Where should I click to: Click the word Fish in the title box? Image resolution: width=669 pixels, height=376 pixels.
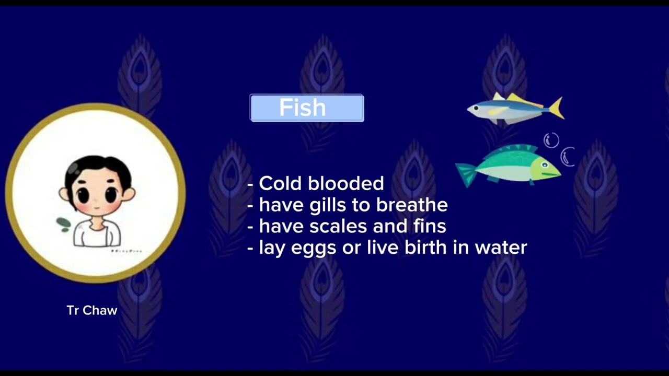pos(303,108)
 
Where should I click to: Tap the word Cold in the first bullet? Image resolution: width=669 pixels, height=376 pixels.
pos(281,183)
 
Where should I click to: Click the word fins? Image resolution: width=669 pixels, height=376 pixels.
pos(429,226)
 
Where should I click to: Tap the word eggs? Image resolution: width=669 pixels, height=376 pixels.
pos(313,248)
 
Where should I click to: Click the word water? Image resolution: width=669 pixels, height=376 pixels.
pos(501,247)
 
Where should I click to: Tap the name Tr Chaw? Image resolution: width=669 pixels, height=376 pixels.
pos(92,310)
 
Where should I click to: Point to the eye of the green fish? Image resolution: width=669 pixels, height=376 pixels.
pos(545,165)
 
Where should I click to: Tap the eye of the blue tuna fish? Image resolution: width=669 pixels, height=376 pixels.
pos(476,108)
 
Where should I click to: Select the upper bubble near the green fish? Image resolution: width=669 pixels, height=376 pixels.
pos(551,140)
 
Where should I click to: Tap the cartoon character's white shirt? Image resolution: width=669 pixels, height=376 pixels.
pos(97,233)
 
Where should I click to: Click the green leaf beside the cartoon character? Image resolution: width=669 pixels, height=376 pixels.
pos(64,225)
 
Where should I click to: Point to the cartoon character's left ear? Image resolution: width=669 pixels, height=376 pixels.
pos(64,194)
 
